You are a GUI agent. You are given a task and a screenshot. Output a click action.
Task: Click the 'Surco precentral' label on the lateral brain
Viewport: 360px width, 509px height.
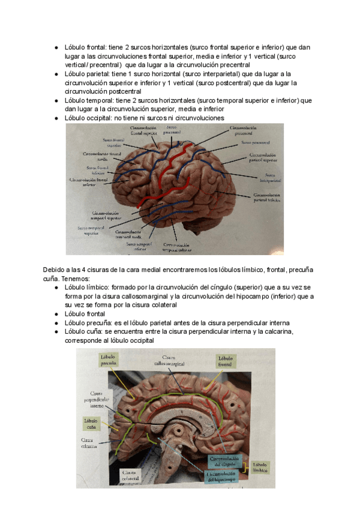172,130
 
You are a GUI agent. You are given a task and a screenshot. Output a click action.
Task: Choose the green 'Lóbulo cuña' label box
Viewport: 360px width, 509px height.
91,424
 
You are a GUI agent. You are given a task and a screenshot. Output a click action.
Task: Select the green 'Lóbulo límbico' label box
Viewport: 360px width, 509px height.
260,468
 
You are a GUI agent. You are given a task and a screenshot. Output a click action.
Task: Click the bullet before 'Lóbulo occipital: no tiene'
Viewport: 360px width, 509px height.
56,119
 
